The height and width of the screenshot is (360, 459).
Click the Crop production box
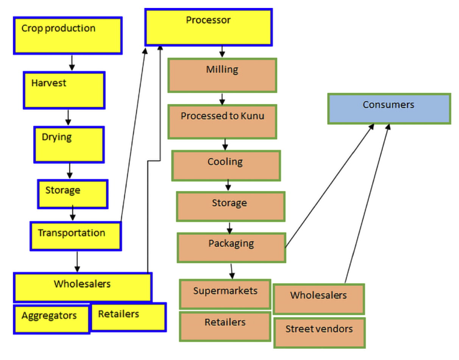pyautogui.click(x=68, y=36)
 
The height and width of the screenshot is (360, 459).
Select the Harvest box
pyautogui.click(x=64, y=90)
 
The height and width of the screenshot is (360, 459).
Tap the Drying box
pyautogui.click(x=69, y=145)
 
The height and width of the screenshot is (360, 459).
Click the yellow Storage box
pyautogui.click(x=73, y=193)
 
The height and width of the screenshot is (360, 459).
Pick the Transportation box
pyautogui.click(x=76, y=236)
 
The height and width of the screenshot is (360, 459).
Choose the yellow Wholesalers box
pyautogui.click(x=83, y=287)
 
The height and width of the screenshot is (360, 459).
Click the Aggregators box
pyautogui.click(x=52, y=319)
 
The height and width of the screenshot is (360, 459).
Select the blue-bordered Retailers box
pyautogui.click(x=128, y=317)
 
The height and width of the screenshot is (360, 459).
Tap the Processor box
pyautogui.click(x=208, y=27)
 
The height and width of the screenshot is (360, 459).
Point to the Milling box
pyautogui.click(x=222, y=75)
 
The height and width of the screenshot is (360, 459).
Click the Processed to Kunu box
pyautogui.click(x=222, y=121)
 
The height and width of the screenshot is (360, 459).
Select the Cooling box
pyautogui.click(x=226, y=165)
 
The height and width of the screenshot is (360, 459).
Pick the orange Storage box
pyautogui.click(x=230, y=206)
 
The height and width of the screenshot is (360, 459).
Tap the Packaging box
pyautogui.click(x=231, y=248)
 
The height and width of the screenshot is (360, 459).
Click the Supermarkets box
pyautogui.click(x=225, y=294)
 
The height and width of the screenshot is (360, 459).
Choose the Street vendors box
pyautogui.click(x=319, y=332)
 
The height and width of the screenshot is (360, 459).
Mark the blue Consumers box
pyautogui.click(x=389, y=109)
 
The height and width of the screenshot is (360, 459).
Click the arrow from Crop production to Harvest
pyautogui.click(x=72, y=62)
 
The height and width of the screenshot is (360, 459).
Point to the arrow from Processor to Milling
pyautogui.click(x=222, y=52)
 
